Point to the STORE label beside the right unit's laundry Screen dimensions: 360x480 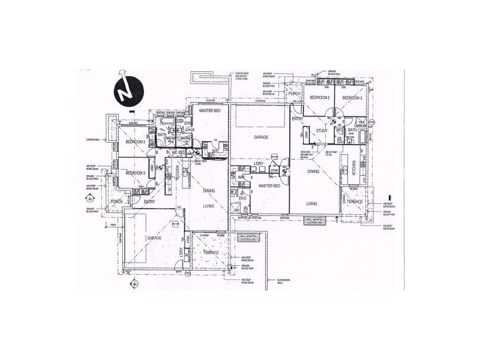275,170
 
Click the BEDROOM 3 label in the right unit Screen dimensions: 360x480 352,97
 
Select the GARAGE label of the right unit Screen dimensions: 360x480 260,137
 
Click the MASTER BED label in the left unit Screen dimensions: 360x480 209,110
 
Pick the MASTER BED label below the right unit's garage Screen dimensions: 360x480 269,186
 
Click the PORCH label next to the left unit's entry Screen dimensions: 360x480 117,202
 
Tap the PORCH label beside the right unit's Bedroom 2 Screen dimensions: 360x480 294,94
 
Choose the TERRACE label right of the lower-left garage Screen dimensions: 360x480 211,253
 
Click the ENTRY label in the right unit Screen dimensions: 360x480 298,119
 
